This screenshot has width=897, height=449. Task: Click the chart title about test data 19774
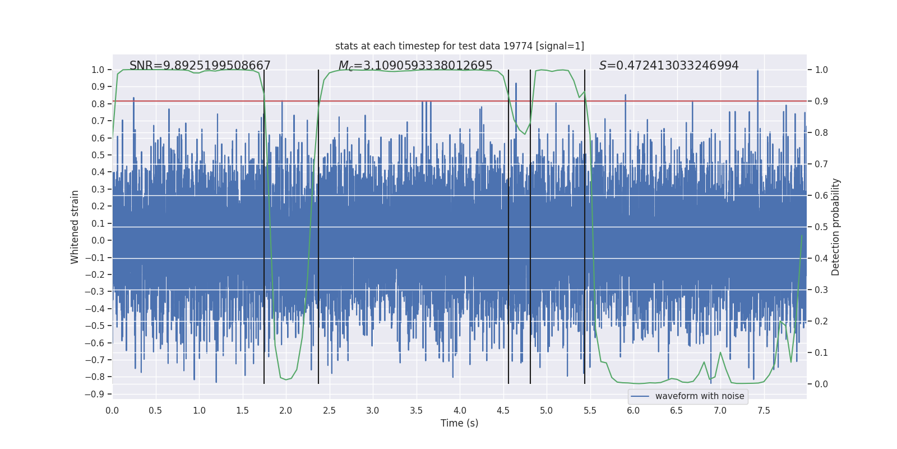459,46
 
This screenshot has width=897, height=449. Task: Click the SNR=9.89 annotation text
200,66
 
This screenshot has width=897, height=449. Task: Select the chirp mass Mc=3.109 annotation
415,66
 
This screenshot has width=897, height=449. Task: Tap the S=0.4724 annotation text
668,66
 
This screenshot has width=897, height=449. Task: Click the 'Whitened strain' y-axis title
75,227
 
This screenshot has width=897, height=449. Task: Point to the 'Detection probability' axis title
836,227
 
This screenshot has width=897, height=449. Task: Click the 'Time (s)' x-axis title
459,423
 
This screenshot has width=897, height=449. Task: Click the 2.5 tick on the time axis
329,410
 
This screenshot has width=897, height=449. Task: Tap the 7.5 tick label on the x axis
764,410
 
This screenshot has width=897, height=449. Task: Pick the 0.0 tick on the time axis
112,410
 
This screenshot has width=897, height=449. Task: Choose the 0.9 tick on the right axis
821,101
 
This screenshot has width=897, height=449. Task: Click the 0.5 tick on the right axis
821,227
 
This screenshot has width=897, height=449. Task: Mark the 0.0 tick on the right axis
821,384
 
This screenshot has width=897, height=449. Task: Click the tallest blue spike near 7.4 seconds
757,73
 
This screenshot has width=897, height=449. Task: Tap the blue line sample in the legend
640,396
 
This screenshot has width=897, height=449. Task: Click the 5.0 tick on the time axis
546,410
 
